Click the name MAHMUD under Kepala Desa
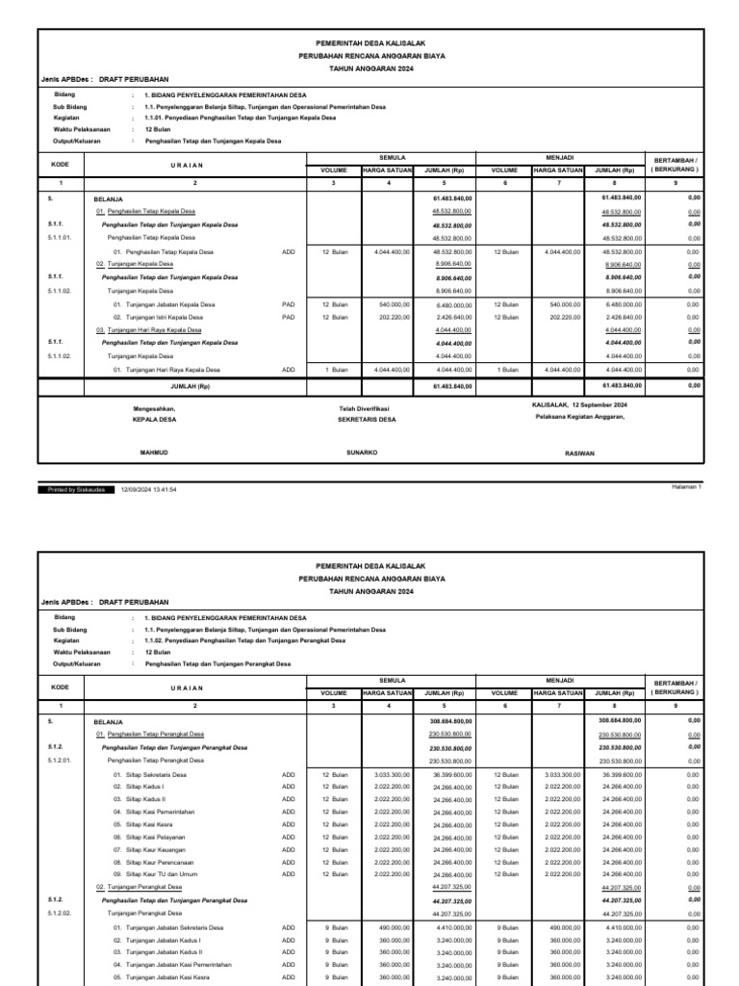pyautogui.click(x=155, y=451)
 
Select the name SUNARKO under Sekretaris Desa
pyautogui.click(x=362, y=451)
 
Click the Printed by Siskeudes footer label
pyautogui.click(x=77, y=489)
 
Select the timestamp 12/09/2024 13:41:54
pyautogui.click(x=148, y=489)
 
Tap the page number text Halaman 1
pyautogui.click(x=687, y=487)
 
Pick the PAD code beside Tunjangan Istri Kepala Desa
pyautogui.click(x=288, y=317)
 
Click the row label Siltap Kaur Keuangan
pyautogui.click(x=150, y=849)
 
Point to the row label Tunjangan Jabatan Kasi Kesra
pyautogui.click(x=162, y=976)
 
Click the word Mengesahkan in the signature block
pyautogui.click(x=154, y=408)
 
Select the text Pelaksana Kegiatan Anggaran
pyautogui.click(x=580, y=416)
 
